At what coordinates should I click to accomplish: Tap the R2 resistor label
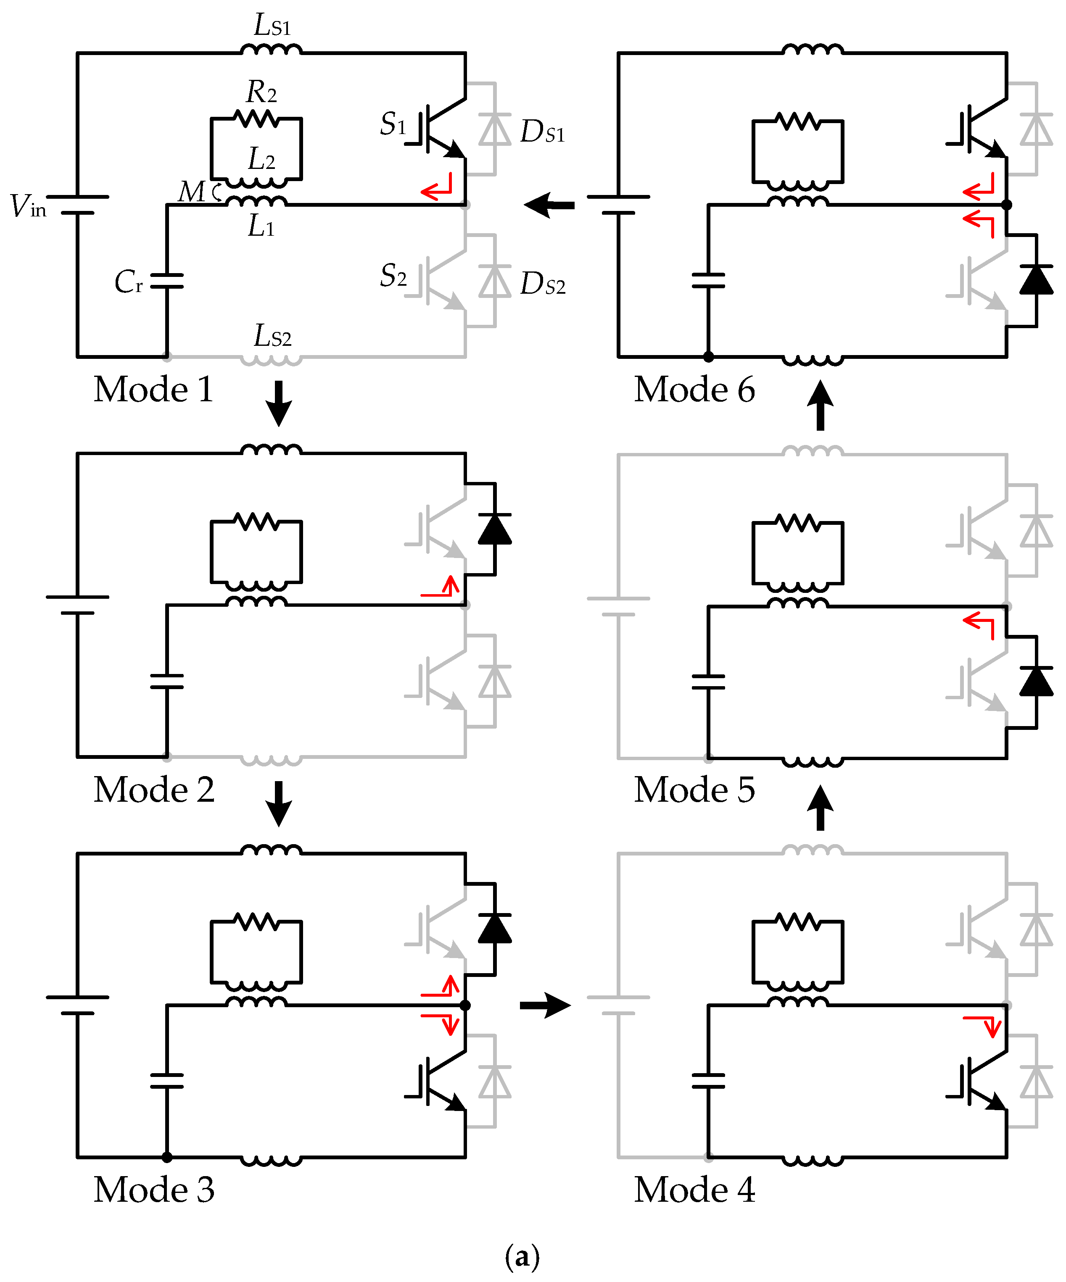pos(261,92)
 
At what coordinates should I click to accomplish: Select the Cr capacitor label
pos(128,282)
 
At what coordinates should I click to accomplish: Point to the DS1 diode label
pos(542,131)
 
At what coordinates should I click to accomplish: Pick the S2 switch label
pos(393,275)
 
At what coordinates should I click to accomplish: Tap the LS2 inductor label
pos(272,336)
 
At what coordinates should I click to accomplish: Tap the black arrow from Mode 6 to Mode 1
pos(549,205)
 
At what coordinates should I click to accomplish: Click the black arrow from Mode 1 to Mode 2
pos(279,403)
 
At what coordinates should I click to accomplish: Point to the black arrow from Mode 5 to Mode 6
pos(820,405)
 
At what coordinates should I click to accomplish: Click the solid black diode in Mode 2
pos(494,529)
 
